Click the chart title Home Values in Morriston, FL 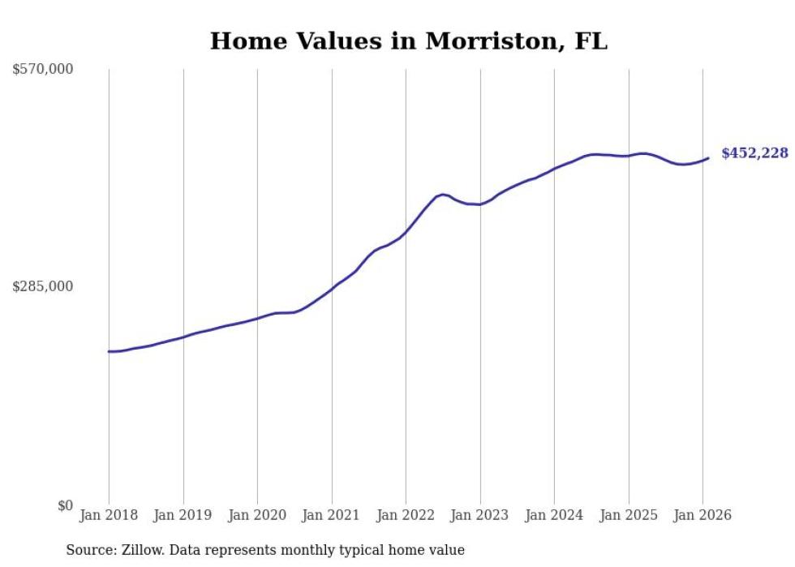click(x=408, y=41)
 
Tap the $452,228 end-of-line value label click(x=754, y=153)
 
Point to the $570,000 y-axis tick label click(x=43, y=70)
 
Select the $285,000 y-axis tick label click(x=43, y=286)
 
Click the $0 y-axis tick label click(x=64, y=506)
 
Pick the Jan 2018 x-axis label click(x=109, y=516)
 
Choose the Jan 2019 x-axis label click(x=183, y=516)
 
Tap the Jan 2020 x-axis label click(x=257, y=516)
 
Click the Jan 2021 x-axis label click(x=332, y=516)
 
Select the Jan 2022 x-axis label click(x=406, y=516)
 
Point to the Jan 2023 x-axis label click(x=480, y=516)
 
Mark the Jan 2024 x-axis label click(x=554, y=516)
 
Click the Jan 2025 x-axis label click(x=629, y=516)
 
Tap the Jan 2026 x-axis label click(x=703, y=516)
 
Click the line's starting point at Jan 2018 click(x=109, y=351)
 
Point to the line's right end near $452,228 click(x=708, y=158)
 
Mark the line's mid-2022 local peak click(x=443, y=194)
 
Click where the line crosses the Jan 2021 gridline click(x=332, y=289)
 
